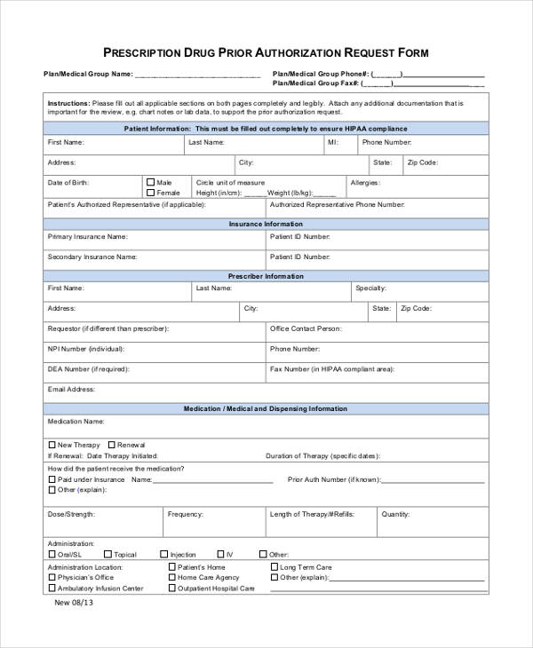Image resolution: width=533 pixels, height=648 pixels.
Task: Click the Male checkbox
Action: [151, 182]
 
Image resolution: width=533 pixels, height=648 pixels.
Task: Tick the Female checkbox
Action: [151, 193]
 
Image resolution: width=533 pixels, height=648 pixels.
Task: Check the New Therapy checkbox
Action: [52, 445]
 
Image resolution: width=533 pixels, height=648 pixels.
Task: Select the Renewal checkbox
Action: [111, 445]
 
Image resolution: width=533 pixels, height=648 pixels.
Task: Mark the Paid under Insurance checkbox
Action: [52, 479]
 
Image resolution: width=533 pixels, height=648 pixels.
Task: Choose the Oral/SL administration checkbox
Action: [52, 555]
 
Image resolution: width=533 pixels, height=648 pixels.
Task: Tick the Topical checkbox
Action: [107, 555]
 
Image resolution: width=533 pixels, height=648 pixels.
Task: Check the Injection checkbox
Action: [163, 555]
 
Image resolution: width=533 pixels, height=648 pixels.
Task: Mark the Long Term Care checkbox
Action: [274, 566]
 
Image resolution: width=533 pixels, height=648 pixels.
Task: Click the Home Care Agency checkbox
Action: [171, 577]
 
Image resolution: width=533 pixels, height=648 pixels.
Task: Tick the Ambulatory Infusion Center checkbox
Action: [52, 588]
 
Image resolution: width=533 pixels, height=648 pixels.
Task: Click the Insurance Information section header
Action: [266, 225]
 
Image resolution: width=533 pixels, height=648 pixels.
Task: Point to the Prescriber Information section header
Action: [266, 276]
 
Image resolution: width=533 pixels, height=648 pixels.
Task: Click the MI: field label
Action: [332, 142]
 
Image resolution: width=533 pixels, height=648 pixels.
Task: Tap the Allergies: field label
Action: [365, 182]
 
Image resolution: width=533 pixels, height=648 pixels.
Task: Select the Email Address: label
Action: [71, 389]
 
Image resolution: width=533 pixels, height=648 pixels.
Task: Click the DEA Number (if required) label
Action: [87, 368]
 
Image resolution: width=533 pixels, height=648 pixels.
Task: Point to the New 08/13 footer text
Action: [74, 602]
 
